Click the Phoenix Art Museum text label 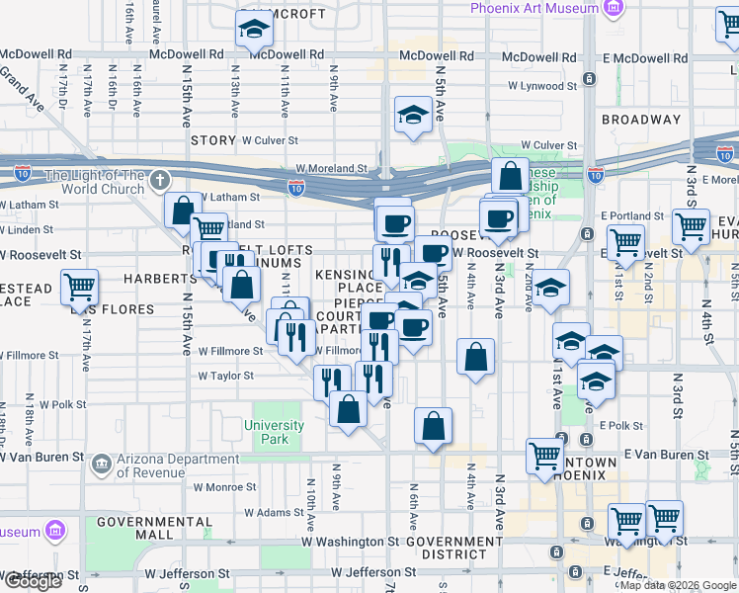coord(534,8)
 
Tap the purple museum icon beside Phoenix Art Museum coord(615,8)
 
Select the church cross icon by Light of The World coord(161,181)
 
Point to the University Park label coord(275,432)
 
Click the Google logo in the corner coord(33,581)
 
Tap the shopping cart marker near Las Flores coord(79,288)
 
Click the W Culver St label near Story coord(270,141)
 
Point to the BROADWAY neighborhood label coord(641,120)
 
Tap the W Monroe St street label coord(225,487)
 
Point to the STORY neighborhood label coord(212,141)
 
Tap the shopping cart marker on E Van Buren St coord(544,456)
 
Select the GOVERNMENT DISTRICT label coord(453,549)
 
